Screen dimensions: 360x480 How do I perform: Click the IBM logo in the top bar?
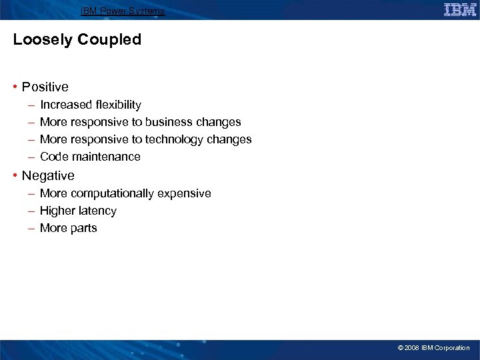pyautogui.click(x=459, y=10)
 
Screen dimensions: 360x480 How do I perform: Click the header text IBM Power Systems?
pyautogui.click(x=123, y=11)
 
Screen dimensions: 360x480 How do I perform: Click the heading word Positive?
pyautogui.click(x=45, y=87)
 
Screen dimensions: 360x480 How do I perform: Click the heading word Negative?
pyautogui.click(x=48, y=175)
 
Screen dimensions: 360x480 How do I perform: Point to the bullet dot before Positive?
pyautogui.click(x=15, y=87)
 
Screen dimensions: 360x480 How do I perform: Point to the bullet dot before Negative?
pyautogui.click(x=15, y=176)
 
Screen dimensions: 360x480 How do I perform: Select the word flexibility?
pyautogui.click(x=119, y=105)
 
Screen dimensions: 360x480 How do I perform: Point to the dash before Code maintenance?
pyautogui.click(x=32, y=157)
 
